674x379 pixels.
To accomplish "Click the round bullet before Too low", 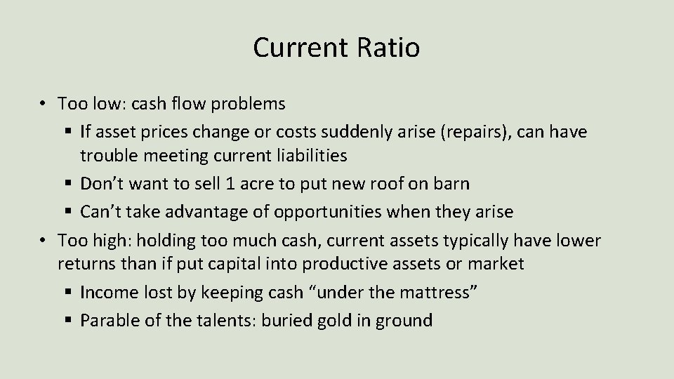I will tap(44, 104).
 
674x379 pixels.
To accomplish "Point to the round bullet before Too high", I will tap(44, 241).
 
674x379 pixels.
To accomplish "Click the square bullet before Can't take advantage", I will tap(69, 212).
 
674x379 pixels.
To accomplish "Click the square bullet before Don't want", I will tap(69, 185).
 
